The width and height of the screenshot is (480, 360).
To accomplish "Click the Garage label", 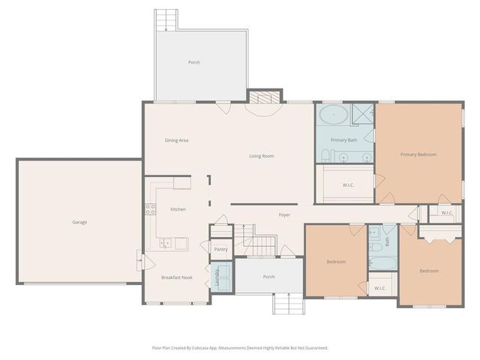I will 79,222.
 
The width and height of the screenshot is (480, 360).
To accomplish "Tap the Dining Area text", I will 176,140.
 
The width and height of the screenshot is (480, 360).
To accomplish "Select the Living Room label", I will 262,156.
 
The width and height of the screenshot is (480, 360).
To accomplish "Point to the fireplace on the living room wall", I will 263,97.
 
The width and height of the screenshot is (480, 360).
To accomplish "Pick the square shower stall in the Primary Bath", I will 363,114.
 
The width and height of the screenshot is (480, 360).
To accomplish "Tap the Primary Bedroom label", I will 418,154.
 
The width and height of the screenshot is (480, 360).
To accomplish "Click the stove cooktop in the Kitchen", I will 150,209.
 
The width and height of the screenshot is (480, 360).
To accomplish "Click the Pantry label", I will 220,249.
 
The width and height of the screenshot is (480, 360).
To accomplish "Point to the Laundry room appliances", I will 222,274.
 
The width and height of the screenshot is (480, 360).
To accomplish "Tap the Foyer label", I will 284,215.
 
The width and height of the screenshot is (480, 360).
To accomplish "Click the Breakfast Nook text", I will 177,277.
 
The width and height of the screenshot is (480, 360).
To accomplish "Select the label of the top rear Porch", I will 194,62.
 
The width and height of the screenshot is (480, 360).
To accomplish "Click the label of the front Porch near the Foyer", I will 268,277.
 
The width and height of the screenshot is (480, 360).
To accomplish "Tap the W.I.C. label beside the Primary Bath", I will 348,184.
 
